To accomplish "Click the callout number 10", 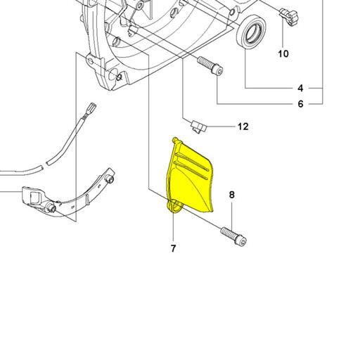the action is pos(283,53).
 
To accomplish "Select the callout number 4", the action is pos(300,89).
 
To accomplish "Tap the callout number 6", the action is pos(300,104).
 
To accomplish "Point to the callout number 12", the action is pos(243,127).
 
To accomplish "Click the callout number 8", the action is pos(231,195).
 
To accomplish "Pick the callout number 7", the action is pos(173,248).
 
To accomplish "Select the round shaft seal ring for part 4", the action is pos(251,32).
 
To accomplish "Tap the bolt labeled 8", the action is pos(233,236).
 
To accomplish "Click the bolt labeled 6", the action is pos(210,65).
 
